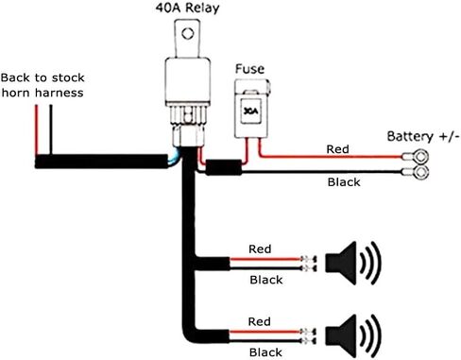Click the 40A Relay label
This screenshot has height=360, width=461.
click(x=187, y=8)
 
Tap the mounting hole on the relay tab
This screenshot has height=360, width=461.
click(x=188, y=33)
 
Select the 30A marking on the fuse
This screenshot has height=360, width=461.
click(x=251, y=111)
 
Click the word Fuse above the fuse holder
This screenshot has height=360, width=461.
click(x=249, y=69)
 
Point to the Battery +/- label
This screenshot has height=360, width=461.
click(x=423, y=136)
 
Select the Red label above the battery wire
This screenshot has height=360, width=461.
click(x=337, y=149)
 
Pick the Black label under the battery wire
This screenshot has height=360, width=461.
click(x=344, y=182)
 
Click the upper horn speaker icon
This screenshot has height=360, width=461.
click(x=352, y=264)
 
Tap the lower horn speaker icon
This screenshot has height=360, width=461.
click(x=352, y=336)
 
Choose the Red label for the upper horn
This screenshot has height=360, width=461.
click(x=260, y=249)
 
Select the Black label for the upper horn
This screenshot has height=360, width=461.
click(x=266, y=280)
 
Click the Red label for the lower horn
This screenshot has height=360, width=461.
click(x=259, y=321)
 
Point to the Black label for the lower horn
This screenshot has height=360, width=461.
click(x=265, y=352)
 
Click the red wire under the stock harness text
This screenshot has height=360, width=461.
click(x=37, y=130)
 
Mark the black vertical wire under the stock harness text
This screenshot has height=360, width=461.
click(x=51, y=130)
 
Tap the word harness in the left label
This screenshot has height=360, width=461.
click(x=60, y=93)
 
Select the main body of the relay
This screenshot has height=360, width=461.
click(x=187, y=81)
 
